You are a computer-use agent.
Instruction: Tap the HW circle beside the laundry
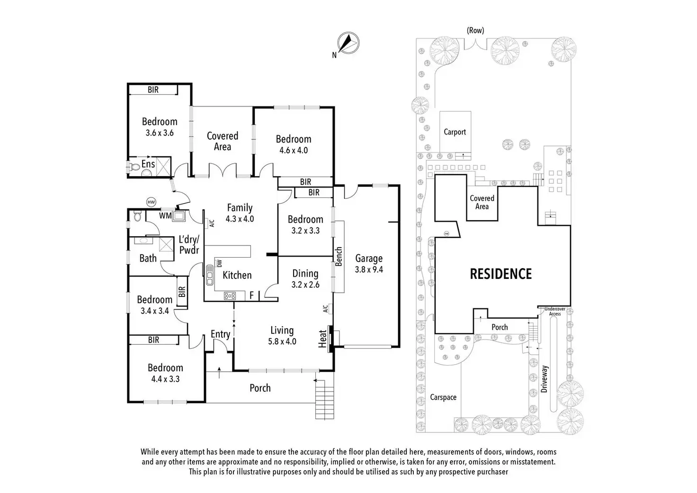coord(151,202)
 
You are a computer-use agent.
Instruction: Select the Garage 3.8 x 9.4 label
coord(369,264)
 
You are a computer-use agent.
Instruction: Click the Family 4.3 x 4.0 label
coord(240,213)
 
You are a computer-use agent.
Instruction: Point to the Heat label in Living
coord(323,339)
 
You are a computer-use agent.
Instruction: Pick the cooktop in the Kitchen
coord(230,296)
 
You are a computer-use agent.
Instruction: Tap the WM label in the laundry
coord(165,216)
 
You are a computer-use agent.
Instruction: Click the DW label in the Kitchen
coord(219,263)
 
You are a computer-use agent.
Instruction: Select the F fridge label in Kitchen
coord(252,296)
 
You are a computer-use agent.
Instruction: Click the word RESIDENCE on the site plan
coord(500,274)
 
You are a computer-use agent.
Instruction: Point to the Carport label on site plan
coord(455,132)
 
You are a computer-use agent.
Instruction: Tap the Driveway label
coord(544,378)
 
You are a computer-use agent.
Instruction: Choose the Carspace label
coord(443,397)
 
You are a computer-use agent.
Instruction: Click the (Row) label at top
coord(475,30)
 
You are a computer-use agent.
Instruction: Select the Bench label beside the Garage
coord(339,257)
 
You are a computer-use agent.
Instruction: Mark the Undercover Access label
coord(555,311)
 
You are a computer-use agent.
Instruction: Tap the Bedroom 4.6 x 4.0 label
coord(294,144)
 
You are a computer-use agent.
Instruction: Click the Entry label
coord(220,334)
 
